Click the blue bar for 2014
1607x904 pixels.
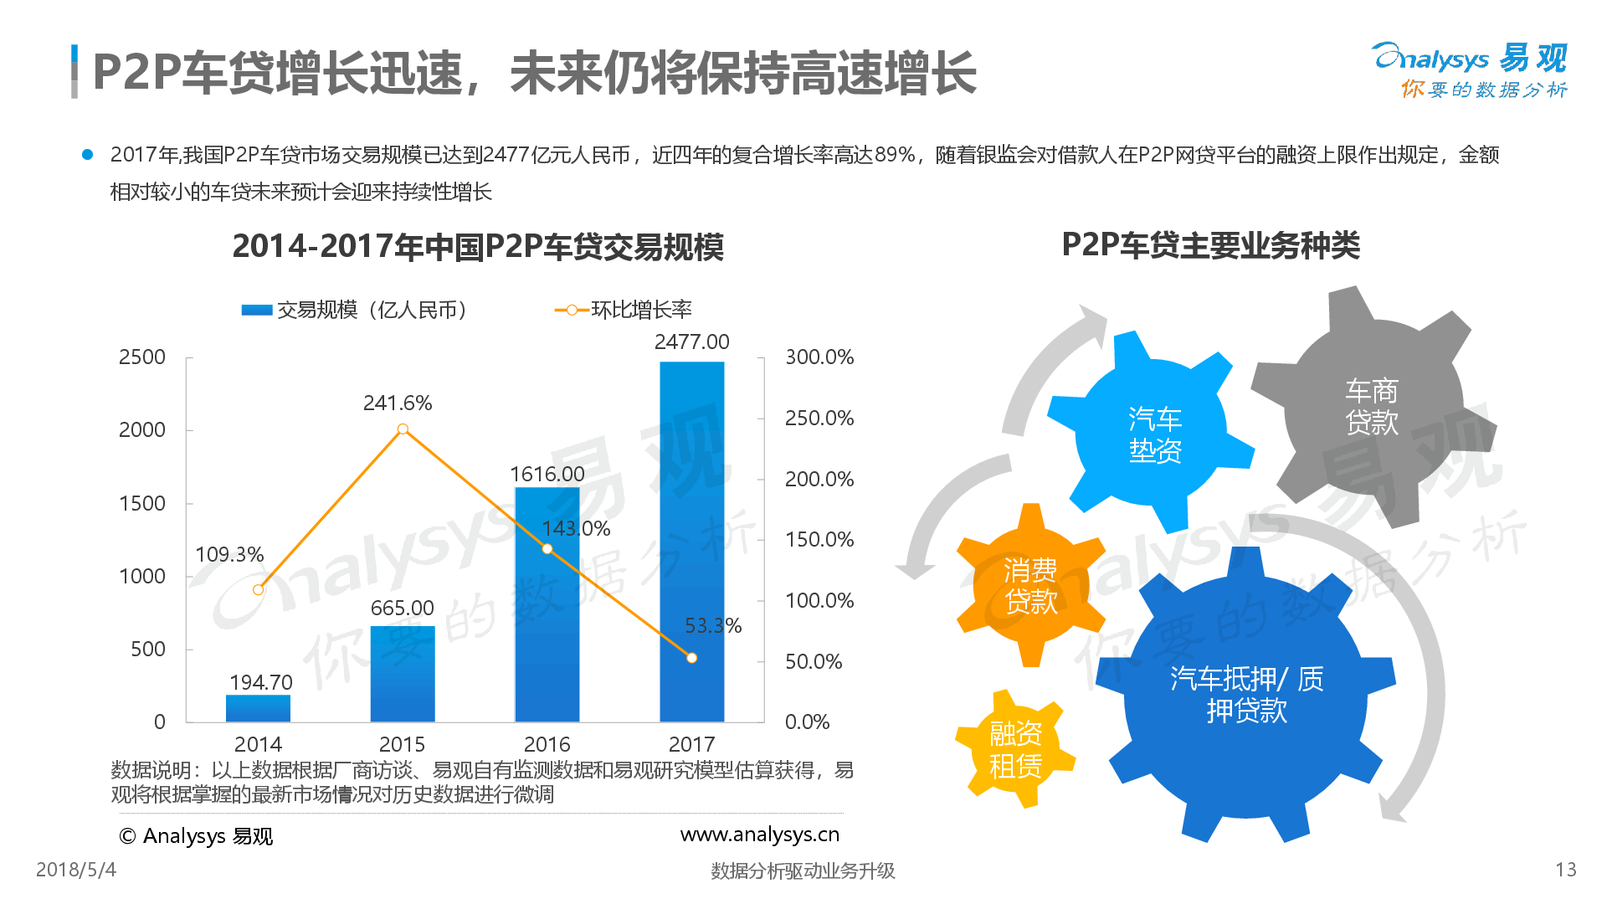[x=258, y=708]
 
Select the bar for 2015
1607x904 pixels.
[x=403, y=673]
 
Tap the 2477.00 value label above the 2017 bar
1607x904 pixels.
[x=691, y=342]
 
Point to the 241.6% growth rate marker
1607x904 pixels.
[x=403, y=429]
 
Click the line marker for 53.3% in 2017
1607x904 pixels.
[x=691, y=658]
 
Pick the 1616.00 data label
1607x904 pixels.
[x=547, y=474]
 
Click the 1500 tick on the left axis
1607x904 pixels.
[x=142, y=503]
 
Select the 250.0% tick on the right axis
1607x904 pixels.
[x=819, y=418]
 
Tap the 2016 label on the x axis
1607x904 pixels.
[x=547, y=744]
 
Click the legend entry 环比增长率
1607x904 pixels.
[x=624, y=310]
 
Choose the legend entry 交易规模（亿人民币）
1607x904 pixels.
[x=354, y=310]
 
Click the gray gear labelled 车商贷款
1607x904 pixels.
[x=1373, y=407]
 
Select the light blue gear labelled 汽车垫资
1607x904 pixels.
[x=1153, y=433]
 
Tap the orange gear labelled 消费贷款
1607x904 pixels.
[x=1030, y=585]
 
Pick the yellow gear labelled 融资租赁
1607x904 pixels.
[x=1015, y=749]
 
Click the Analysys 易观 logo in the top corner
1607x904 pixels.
[x=1470, y=70]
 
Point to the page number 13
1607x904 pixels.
[x=1566, y=870]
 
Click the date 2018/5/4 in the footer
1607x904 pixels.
[x=76, y=870]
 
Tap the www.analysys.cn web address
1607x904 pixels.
[x=760, y=835]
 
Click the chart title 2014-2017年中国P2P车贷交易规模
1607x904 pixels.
[x=478, y=247]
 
